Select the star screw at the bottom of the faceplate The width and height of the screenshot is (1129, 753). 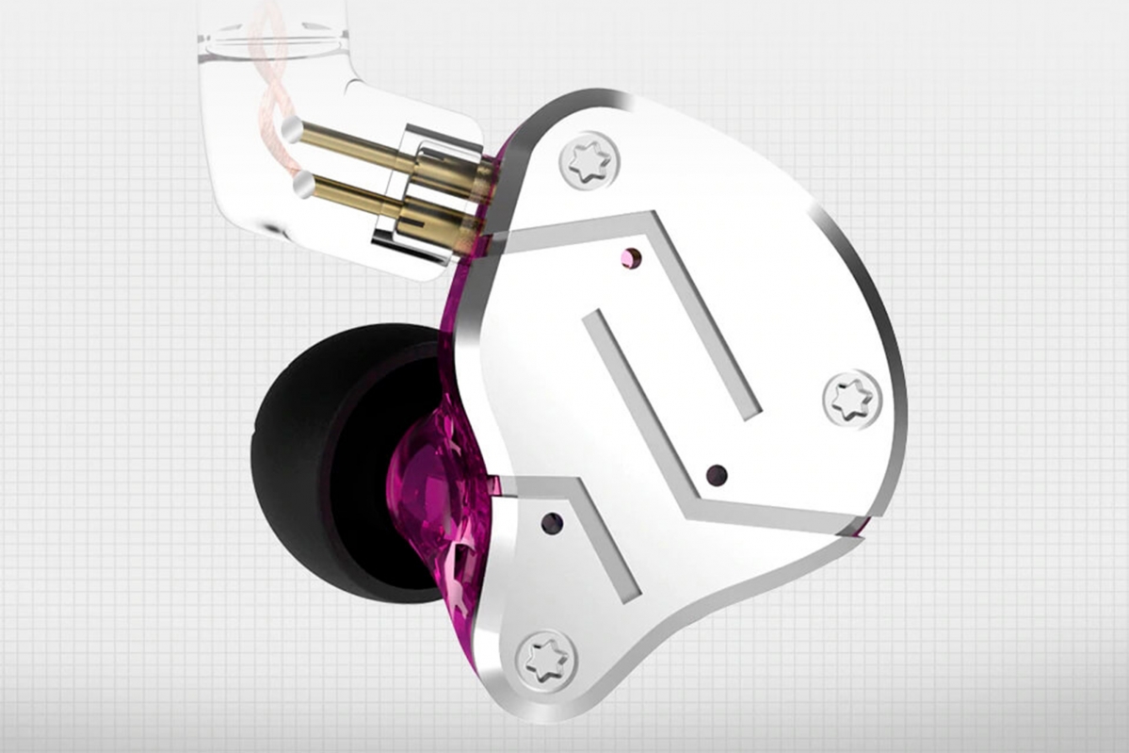click(x=548, y=657)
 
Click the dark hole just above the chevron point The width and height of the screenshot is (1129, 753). click(x=717, y=473)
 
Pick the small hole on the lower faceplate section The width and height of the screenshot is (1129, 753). click(x=550, y=521)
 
